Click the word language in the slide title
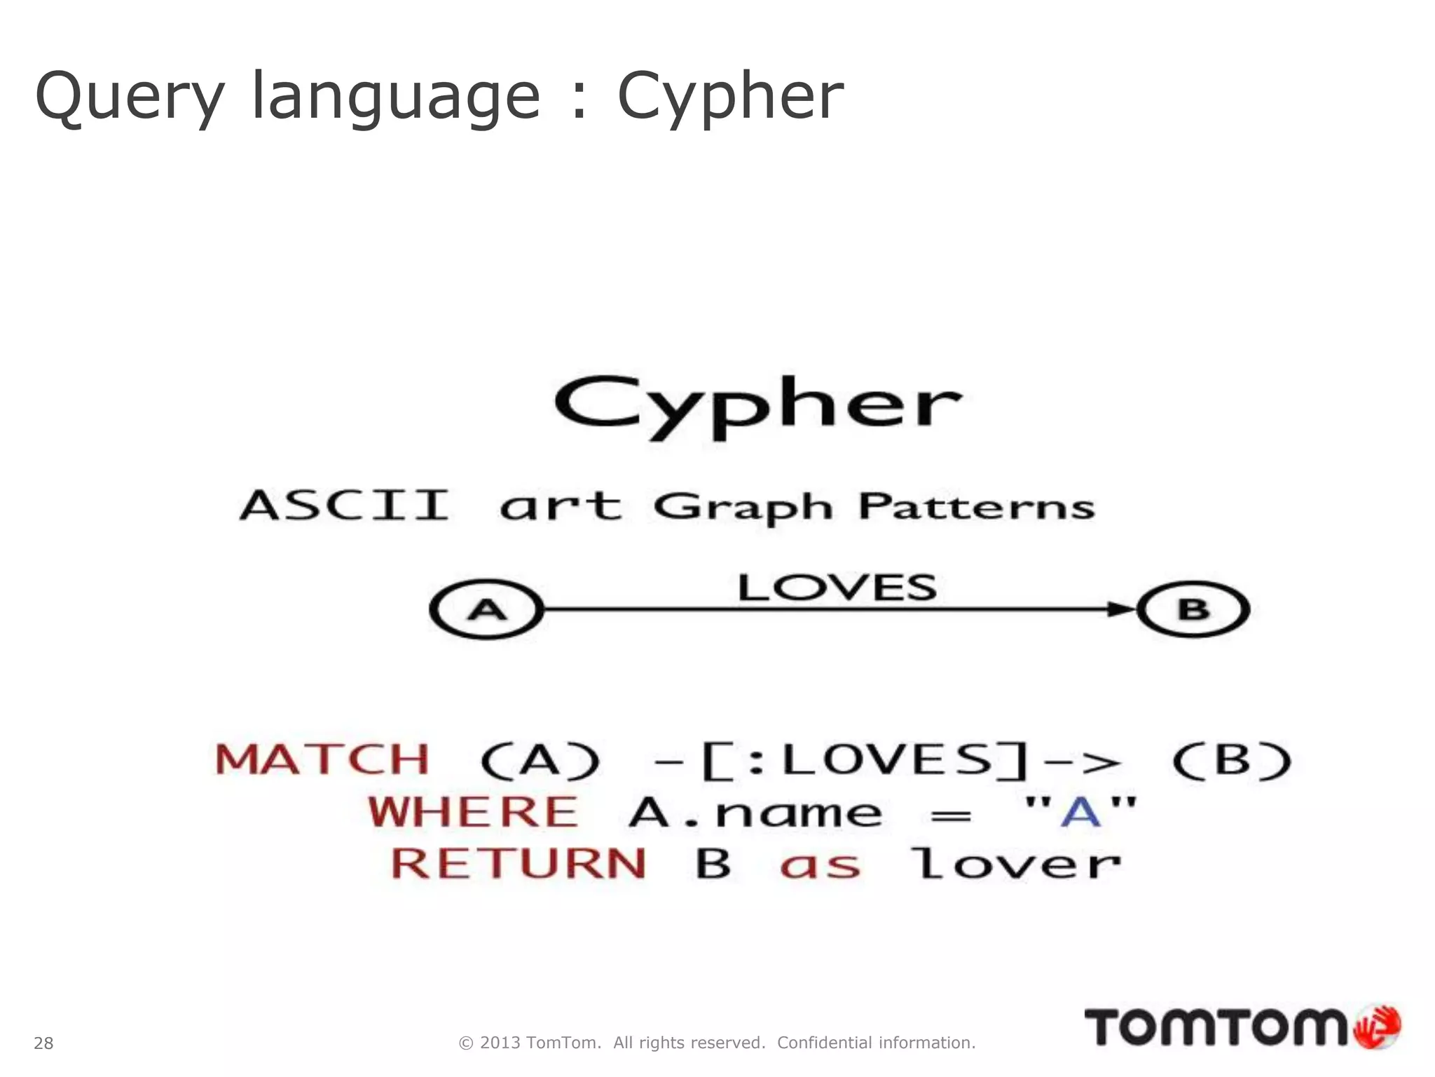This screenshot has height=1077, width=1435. (395, 97)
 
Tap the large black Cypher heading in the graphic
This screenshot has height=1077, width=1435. (758, 407)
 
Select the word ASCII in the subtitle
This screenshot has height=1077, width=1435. (345, 505)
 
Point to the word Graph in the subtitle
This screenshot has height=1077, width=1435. (743, 507)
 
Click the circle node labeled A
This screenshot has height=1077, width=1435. (487, 609)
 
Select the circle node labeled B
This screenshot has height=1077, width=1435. (1193, 609)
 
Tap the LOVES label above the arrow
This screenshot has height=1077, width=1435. (837, 588)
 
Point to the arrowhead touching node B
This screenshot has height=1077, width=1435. (1121, 609)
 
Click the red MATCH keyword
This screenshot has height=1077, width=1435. (322, 760)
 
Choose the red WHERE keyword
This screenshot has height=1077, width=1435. (474, 812)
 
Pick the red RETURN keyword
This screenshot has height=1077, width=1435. (519, 863)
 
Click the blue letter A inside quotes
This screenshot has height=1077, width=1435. (1080, 812)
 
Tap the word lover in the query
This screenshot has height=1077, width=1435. (1015, 863)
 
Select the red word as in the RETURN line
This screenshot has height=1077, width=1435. (820, 865)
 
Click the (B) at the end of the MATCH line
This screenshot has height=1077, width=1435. (1232, 760)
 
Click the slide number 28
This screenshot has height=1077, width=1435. (43, 1043)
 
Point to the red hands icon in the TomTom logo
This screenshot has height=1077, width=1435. (1377, 1027)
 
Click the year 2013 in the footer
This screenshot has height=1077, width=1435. (500, 1043)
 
